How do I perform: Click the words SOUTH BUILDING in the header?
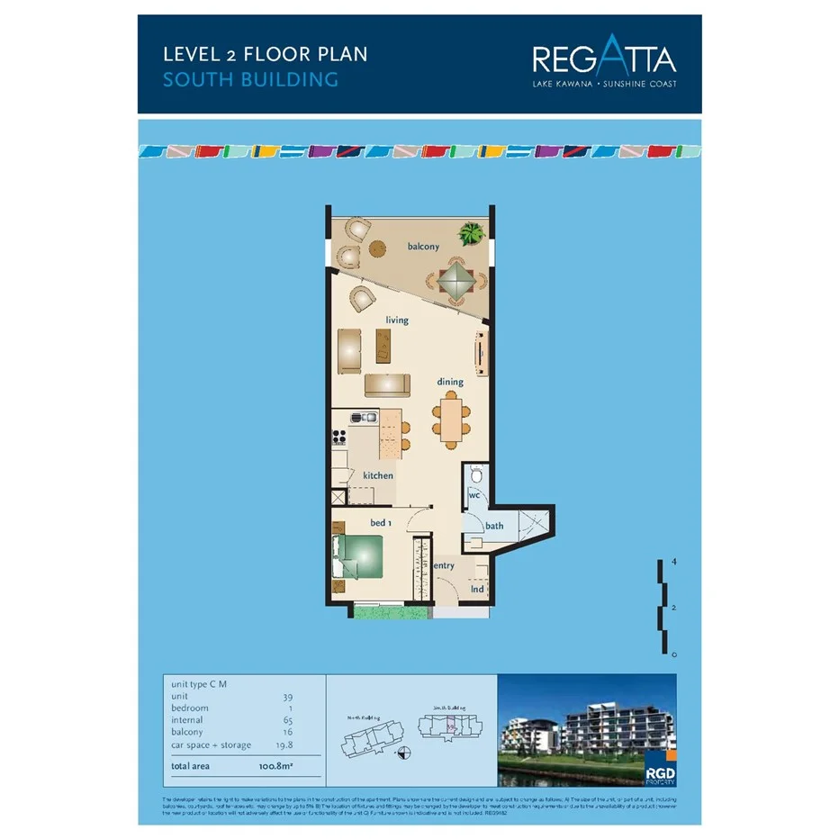[x=250, y=80]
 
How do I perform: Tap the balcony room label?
[x=423, y=247]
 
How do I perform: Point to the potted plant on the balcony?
[x=471, y=235]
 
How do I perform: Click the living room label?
[x=397, y=320]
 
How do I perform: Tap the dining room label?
[x=450, y=382]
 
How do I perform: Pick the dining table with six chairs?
[x=451, y=419]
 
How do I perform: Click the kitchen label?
[x=378, y=475]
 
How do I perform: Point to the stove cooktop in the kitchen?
[x=340, y=438]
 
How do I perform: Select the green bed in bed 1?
[x=359, y=555]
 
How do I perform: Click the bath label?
[x=494, y=526]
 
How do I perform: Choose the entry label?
[x=444, y=565]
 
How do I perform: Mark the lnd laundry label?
[x=477, y=590]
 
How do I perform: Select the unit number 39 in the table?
[x=288, y=697]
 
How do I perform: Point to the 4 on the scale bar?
[x=673, y=562]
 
